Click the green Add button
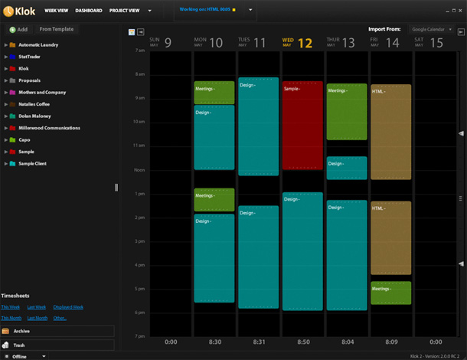19,29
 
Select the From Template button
57,29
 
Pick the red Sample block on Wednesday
302,126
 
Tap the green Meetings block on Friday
390,293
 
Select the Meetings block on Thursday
347,112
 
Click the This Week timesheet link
11,306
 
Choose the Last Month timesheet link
37,318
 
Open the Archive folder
21,331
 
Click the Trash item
20,345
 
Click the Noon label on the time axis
139,169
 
